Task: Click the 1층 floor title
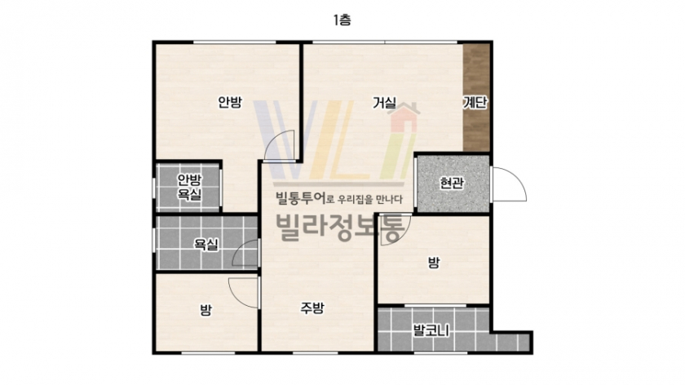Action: [342, 20]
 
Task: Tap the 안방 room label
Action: [230, 102]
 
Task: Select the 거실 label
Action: [384, 103]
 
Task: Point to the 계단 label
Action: [475, 103]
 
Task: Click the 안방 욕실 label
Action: [189, 187]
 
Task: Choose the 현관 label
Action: [451, 183]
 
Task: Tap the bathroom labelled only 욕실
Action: [206, 244]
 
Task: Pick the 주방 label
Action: [312, 308]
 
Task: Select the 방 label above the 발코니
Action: [433, 262]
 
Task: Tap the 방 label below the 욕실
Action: [205, 310]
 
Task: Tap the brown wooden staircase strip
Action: [476, 97]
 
